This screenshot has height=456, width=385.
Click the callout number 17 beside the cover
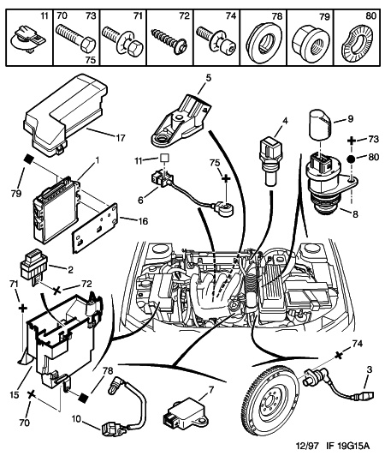click(120, 137)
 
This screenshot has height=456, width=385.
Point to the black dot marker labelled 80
click(352, 159)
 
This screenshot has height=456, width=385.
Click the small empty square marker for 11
click(164, 159)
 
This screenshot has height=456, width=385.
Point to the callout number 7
click(210, 389)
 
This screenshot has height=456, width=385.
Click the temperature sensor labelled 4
click(269, 162)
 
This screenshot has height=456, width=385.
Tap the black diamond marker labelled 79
click(28, 159)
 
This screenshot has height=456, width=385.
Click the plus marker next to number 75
click(226, 178)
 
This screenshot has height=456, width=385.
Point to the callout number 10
click(78, 419)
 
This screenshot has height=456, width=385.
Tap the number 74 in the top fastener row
click(230, 16)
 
